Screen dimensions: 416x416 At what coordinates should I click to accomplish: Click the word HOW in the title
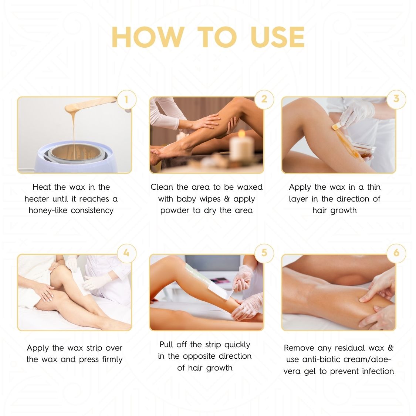[x=148, y=37]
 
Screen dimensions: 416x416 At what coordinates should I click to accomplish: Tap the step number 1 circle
[x=126, y=99]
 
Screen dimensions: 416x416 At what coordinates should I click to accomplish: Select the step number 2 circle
[x=264, y=99]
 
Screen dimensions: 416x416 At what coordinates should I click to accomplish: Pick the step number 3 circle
[x=396, y=99]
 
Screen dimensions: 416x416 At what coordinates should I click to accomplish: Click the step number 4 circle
[x=126, y=253]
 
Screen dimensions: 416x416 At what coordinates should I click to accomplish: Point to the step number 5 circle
[x=264, y=253]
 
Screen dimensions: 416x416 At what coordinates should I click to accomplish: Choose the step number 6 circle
[x=396, y=253]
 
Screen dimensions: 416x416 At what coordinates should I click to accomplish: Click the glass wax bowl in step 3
[x=362, y=150]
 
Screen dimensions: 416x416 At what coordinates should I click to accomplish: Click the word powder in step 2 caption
[x=175, y=210]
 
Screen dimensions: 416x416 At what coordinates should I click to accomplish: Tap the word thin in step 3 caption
[x=373, y=187]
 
